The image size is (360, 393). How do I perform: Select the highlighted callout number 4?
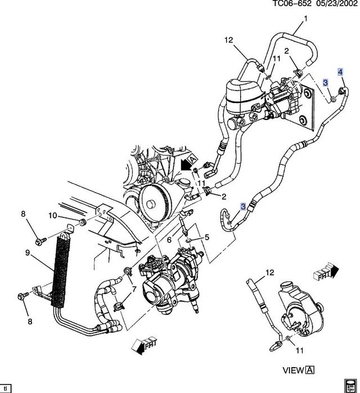click(x=340, y=72)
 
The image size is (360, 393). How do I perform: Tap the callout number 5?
click(x=206, y=238)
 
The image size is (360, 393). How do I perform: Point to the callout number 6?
click(x=169, y=240)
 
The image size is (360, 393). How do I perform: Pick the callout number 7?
click(x=134, y=289)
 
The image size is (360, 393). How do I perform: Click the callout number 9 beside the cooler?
click(x=27, y=253)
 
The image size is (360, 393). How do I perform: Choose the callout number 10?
click(x=51, y=216)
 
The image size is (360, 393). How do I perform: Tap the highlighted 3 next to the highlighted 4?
click(x=325, y=83)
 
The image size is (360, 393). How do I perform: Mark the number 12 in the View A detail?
click(x=269, y=273)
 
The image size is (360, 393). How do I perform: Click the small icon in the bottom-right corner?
click(x=350, y=385)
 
